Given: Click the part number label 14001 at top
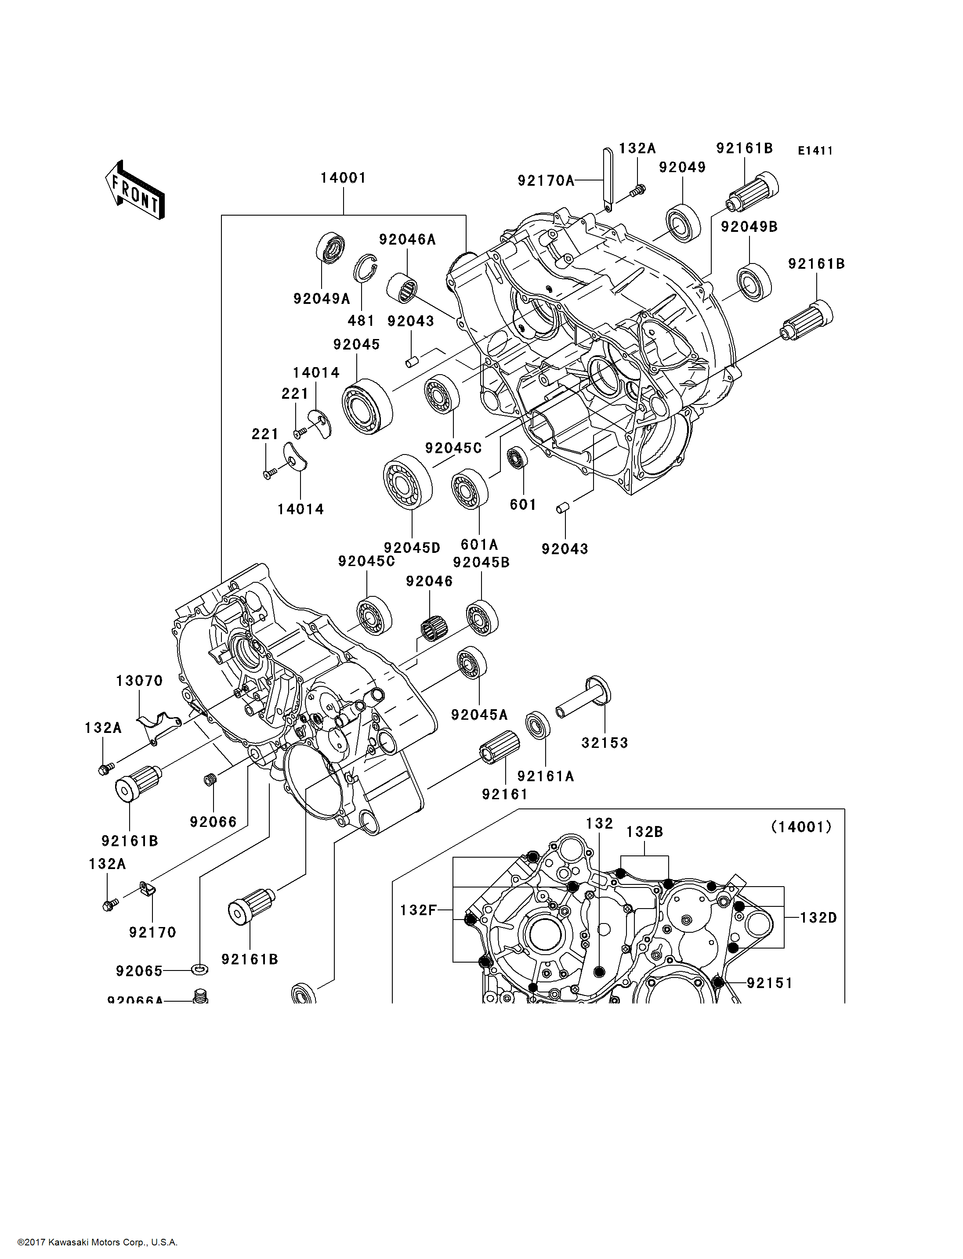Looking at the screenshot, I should [343, 178].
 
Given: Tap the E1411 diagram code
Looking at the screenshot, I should [815, 151].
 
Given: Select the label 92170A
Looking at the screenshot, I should [546, 181].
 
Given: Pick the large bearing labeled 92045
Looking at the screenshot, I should [367, 406].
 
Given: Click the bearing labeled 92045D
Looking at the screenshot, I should [408, 482].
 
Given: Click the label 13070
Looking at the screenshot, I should [139, 681].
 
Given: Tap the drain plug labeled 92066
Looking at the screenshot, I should [210, 780].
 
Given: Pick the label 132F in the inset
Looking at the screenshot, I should [418, 910].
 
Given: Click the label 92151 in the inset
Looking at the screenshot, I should [769, 983].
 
